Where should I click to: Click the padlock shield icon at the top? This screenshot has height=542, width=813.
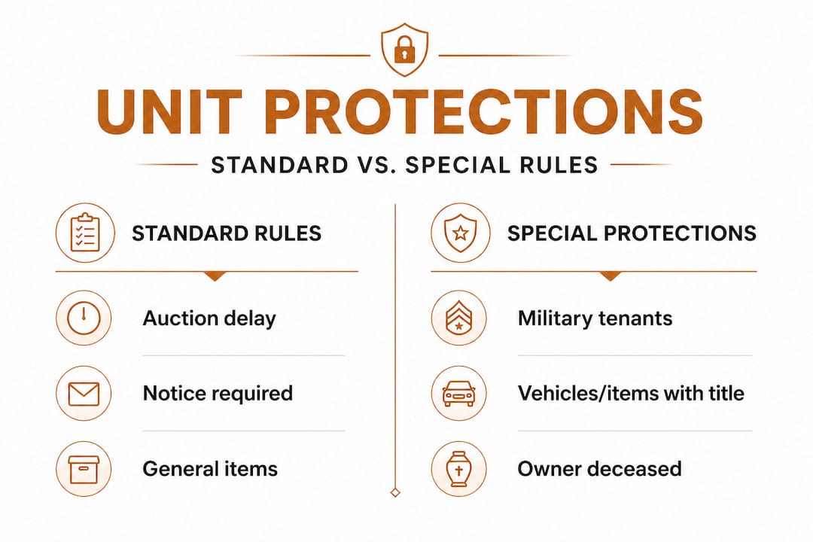click(x=404, y=50)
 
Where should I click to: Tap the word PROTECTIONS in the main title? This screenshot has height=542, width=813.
click(x=483, y=113)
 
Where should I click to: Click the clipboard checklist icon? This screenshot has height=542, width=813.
click(x=85, y=233)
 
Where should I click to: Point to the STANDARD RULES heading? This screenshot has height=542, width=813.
click(x=227, y=233)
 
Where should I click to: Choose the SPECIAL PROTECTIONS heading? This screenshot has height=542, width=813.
click(x=632, y=233)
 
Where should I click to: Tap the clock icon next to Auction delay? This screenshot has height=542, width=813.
click(x=84, y=318)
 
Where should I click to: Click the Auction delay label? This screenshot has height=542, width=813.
click(x=209, y=318)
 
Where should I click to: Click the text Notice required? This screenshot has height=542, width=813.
click(x=218, y=394)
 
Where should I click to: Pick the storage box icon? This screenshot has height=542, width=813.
click(x=84, y=469)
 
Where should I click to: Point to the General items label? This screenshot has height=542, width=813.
click(x=210, y=469)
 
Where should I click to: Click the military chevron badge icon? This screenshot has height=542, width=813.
click(x=459, y=318)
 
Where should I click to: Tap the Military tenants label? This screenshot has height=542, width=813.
click(x=595, y=318)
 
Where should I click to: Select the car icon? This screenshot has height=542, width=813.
click(x=459, y=393)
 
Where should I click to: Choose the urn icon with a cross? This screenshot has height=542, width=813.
click(x=459, y=469)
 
